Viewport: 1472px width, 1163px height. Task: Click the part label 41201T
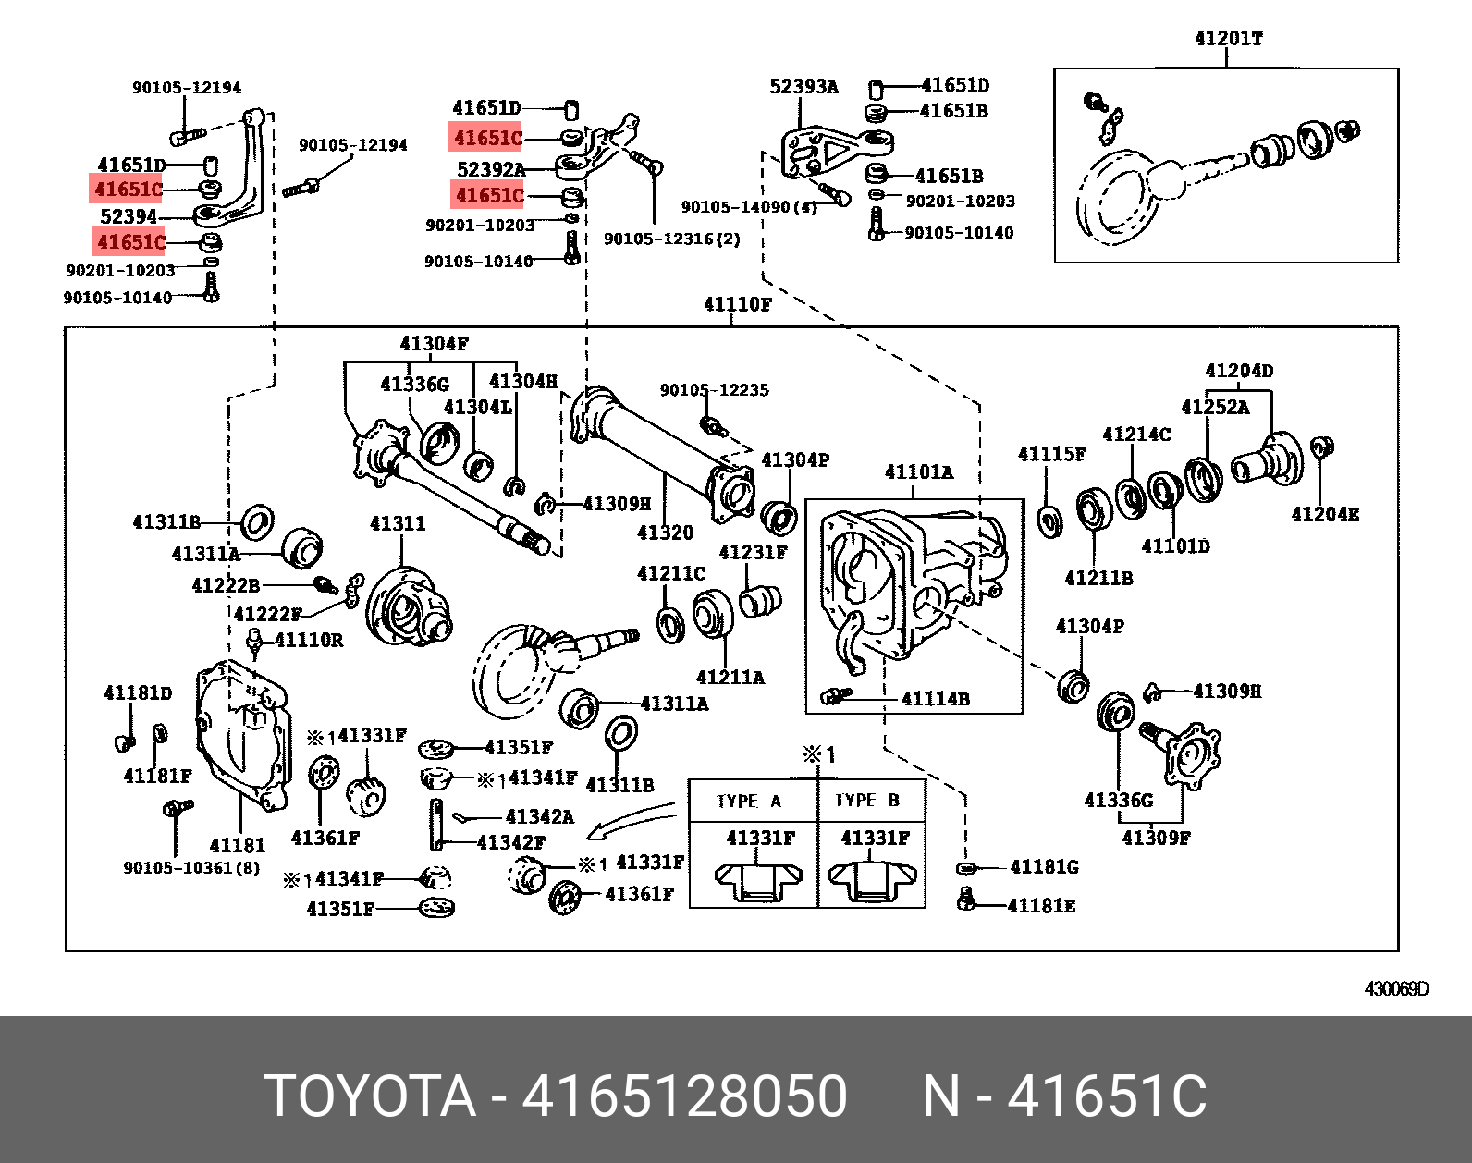click(x=1228, y=39)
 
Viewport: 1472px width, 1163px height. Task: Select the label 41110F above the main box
click(x=737, y=304)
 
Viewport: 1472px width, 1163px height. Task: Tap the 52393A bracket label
click(x=803, y=87)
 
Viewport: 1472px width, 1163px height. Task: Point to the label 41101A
click(x=918, y=472)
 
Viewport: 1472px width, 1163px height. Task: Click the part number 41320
click(x=665, y=533)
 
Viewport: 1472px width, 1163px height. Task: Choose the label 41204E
click(x=1325, y=515)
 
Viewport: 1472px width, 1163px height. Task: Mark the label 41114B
click(x=935, y=699)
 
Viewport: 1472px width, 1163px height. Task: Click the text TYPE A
click(x=749, y=801)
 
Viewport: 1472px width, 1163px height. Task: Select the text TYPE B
click(x=867, y=801)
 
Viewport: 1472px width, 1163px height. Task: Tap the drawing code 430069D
click(x=1396, y=989)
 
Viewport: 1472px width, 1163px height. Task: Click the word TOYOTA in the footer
click(x=370, y=1096)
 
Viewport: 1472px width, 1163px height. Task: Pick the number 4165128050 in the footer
click(x=684, y=1096)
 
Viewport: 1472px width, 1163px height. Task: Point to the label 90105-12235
click(x=714, y=390)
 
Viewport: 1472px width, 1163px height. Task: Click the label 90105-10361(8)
click(x=191, y=868)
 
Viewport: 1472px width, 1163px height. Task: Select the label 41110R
click(x=309, y=640)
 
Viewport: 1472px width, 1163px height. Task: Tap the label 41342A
click(x=539, y=816)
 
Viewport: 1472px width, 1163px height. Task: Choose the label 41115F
click(x=1051, y=454)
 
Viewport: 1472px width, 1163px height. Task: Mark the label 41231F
click(x=753, y=553)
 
